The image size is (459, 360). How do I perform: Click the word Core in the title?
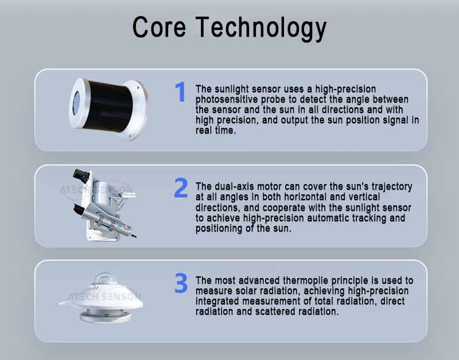click(x=159, y=27)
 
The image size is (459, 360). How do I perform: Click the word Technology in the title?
click(x=261, y=29)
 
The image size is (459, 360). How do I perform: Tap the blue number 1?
click(x=181, y=92)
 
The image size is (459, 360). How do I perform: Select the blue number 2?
click(x=181, y=187)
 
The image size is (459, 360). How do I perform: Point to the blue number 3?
click(x=181, y=283)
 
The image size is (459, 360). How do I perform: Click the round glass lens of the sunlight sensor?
click(x=76, y=103)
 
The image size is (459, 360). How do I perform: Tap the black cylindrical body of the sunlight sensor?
click(x=108, y=106)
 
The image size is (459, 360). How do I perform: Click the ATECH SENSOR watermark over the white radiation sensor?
click(x=104, y=297)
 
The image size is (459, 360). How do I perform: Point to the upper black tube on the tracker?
click(x=81, y=176)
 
